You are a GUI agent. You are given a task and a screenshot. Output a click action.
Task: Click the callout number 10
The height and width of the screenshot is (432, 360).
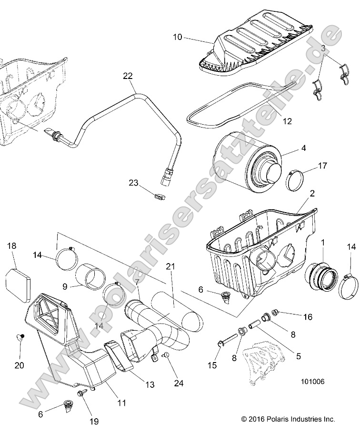pos(177,37)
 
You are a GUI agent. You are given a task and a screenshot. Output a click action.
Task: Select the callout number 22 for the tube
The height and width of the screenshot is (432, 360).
pos(128,76)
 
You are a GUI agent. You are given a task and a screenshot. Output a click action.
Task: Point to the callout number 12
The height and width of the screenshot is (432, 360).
pos(287,121)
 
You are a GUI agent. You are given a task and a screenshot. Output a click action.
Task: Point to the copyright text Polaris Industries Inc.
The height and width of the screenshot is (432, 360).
pos(289,419)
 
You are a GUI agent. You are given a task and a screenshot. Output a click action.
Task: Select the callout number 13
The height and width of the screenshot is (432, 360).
pos(150,384)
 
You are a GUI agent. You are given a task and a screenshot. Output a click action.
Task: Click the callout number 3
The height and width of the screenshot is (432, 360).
pos(323,49)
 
